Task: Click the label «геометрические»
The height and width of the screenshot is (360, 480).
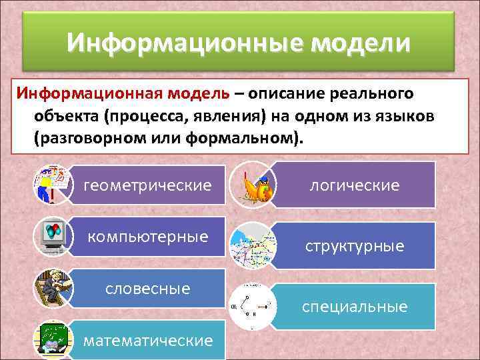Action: coord(147,185)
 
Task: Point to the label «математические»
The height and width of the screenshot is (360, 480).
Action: coord(149,341)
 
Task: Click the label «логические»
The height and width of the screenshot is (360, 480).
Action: coord(355,185)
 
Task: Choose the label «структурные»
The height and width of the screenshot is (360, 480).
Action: coord(355,246)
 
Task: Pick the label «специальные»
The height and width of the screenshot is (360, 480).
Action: coord(355,307)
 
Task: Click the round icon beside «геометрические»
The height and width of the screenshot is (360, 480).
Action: coord(51,185)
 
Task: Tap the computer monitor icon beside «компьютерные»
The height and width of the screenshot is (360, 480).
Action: coord(51,235)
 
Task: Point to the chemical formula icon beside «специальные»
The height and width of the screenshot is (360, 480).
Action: coord(249,306)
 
